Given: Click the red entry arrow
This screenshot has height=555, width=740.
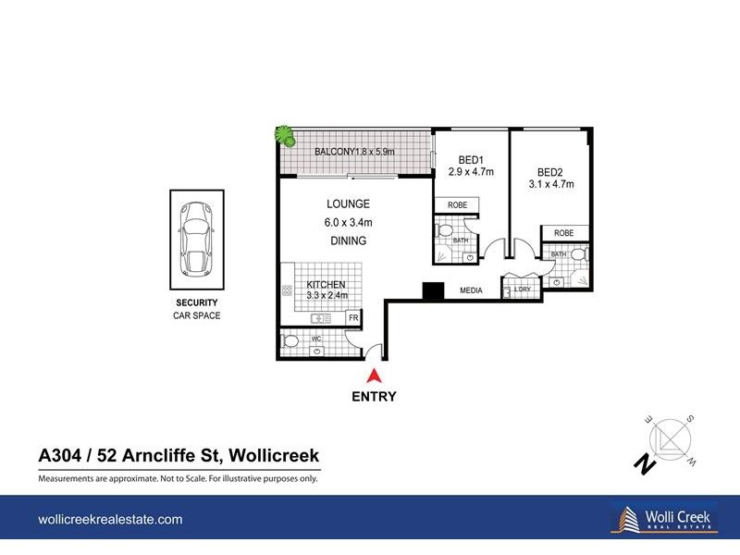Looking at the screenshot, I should [x=375, y=376].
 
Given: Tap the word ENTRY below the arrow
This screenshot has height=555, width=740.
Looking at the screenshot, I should [x=375, y=397].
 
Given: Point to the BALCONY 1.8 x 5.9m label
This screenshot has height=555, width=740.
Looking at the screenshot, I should [x=355, y=152].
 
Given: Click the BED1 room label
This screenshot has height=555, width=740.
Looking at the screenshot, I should [x=471, y=166].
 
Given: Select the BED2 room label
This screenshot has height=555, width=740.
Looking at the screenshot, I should [x=550, y=178].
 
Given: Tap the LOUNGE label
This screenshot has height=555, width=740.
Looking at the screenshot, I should [x=348, y=203].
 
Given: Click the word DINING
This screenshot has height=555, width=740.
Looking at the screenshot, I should [x=347, y=240].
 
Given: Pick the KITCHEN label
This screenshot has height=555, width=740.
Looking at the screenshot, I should [x=327, y=285].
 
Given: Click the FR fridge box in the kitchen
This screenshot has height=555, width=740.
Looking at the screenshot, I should [x=352, y=318].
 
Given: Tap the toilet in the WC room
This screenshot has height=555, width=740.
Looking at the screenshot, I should [x=290, y=343].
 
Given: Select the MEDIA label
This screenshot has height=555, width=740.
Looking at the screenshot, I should [x=472, y=291].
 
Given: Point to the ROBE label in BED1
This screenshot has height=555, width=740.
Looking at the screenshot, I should [x=458, y=205].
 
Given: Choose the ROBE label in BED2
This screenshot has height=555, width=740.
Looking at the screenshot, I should [x=563, y=233].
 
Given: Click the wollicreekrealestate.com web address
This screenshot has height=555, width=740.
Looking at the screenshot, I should [x=110, y=521].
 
